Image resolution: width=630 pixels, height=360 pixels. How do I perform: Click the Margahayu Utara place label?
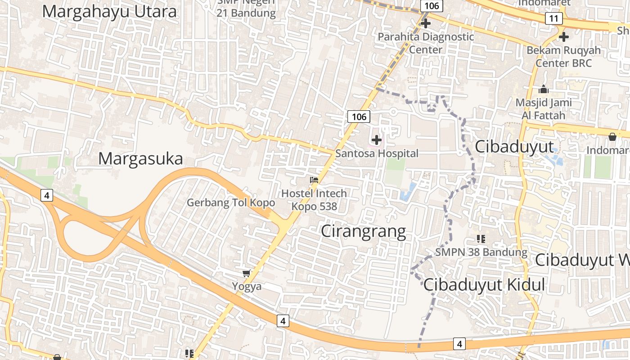pyautogui.click(x=109, y=12)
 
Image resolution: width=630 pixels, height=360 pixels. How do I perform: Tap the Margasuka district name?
pyautogui.click(x=140, y=159)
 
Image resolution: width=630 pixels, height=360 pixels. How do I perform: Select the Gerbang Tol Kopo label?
pyautogui.click(x=231, y=202)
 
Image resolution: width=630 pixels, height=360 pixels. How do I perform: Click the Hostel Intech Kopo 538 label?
pyautogui.click(x=314, y=200)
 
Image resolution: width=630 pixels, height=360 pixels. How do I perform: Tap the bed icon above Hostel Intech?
pyautogui.click(x=314, y=180)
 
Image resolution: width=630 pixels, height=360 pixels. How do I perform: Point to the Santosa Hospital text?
pyautogui.click(x=377, y=153)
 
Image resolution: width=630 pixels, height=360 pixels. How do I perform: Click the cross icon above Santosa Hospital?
pyautogui.click(x=377, y=140)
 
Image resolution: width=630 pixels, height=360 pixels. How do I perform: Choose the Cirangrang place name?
pyautogui.click(x=363, y=231)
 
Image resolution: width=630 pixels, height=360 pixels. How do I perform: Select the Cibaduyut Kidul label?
pyautogui.click(x=484, y=285)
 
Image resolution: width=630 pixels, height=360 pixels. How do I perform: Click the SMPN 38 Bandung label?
pyautogui.click(x=481, y=252)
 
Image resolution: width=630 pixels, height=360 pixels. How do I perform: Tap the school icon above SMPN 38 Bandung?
pyautogui.click(x=481, y=238)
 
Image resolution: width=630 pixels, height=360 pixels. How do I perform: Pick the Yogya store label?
pyautogui.click(x=247, y=286)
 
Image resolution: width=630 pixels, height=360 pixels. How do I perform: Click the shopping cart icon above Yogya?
pyautogui.click(x=246, y=273)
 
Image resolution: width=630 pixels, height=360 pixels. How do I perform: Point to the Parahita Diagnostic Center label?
pyautogui.click(x=426, y=43)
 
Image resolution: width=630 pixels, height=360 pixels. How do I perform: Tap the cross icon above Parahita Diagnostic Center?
pyautogui.click(x=426, y=23)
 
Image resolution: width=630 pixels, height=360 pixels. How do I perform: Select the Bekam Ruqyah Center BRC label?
pyautogui.click(x=563, y=56)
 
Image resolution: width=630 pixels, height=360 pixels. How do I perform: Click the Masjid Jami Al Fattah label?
pyautogui.click(x=544, y=109)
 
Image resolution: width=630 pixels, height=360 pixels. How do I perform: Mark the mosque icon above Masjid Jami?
pyautogui.click(x=544, y=89)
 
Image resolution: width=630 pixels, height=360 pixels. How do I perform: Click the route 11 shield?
pyautogui.click(x=553, y=18)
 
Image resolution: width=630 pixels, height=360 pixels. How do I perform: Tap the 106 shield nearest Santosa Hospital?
pyautogui.click(x=359, y=117)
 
